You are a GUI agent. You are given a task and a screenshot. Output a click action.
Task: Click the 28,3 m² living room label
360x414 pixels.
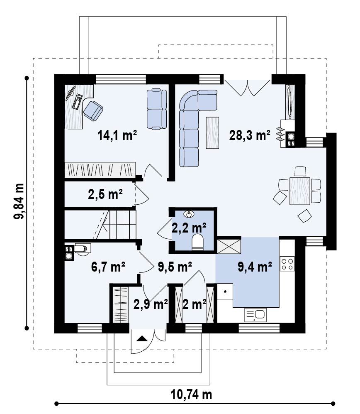coord(250,135)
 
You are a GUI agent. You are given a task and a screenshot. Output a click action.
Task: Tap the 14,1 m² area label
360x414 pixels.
coord(117,135)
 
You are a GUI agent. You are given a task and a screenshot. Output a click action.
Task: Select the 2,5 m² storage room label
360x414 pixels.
coord(105,194)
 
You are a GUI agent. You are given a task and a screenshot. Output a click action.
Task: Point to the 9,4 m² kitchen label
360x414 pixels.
coord(255,267)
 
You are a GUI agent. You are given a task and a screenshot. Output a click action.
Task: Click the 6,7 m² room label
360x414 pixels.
coord(108,267)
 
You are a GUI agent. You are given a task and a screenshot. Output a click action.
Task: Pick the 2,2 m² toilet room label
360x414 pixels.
coord(189,228)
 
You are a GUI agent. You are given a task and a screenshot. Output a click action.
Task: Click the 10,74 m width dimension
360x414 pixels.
coord(192,395)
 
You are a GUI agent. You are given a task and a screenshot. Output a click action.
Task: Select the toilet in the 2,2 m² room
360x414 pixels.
coord(197,242)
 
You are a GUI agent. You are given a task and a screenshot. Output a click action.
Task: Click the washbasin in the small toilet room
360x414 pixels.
coord(189,214)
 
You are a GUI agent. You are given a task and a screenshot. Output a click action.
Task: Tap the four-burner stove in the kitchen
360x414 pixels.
coord(287,264)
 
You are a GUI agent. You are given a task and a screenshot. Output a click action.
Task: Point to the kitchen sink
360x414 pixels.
coord(255,315)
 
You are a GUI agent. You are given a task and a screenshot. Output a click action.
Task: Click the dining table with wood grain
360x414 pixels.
coord(300,191)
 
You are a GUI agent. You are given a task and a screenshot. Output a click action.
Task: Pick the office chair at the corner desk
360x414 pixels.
coord(93,111)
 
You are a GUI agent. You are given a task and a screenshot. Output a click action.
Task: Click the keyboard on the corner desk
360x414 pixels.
coord(77,101)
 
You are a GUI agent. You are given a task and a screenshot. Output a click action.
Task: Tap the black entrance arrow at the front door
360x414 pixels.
coord(141,338)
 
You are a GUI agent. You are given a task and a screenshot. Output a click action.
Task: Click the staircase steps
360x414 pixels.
coord(116,224)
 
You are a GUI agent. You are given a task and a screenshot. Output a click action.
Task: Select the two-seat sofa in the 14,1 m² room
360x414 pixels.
coord(157,109)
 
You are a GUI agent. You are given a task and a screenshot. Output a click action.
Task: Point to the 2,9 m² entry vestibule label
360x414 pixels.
coord(151,304)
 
